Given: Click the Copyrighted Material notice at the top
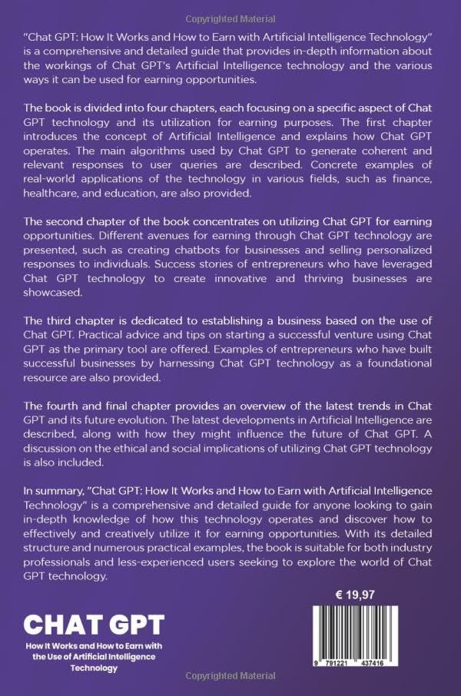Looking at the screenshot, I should coord(230,10).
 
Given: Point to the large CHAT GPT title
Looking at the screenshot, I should coord(94,625).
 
